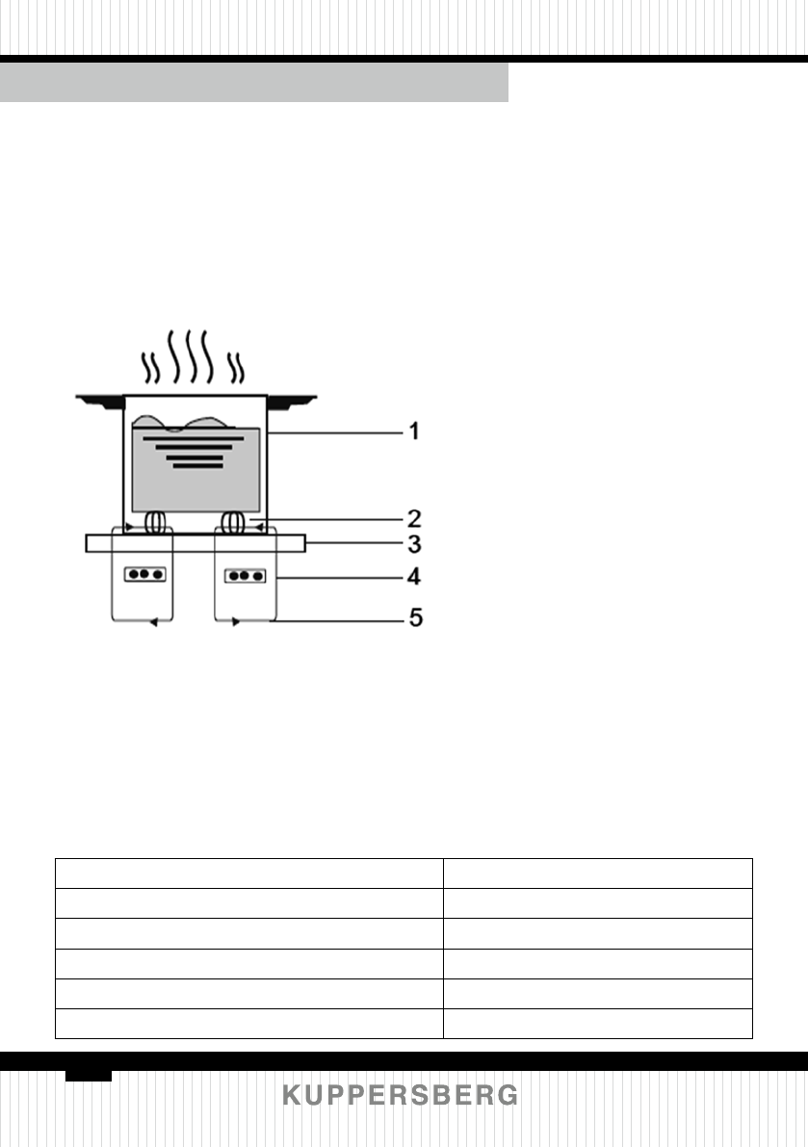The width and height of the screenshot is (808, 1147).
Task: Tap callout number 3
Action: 413,544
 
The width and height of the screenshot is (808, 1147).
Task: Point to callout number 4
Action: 413,578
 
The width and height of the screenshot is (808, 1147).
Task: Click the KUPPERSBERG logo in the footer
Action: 401,1095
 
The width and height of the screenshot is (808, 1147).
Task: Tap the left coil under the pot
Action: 155,523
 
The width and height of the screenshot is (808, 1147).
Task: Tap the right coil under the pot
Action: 232,523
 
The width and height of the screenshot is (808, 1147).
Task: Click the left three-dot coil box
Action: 144,574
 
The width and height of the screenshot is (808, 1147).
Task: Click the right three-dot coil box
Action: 245,576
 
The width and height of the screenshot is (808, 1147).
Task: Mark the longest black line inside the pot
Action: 193,438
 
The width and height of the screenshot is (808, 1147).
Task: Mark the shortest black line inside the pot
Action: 196,465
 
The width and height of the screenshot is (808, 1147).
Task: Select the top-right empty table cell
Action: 597,873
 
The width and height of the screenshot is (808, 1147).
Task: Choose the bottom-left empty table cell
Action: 248,1023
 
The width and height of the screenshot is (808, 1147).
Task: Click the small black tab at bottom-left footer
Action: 89,1074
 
